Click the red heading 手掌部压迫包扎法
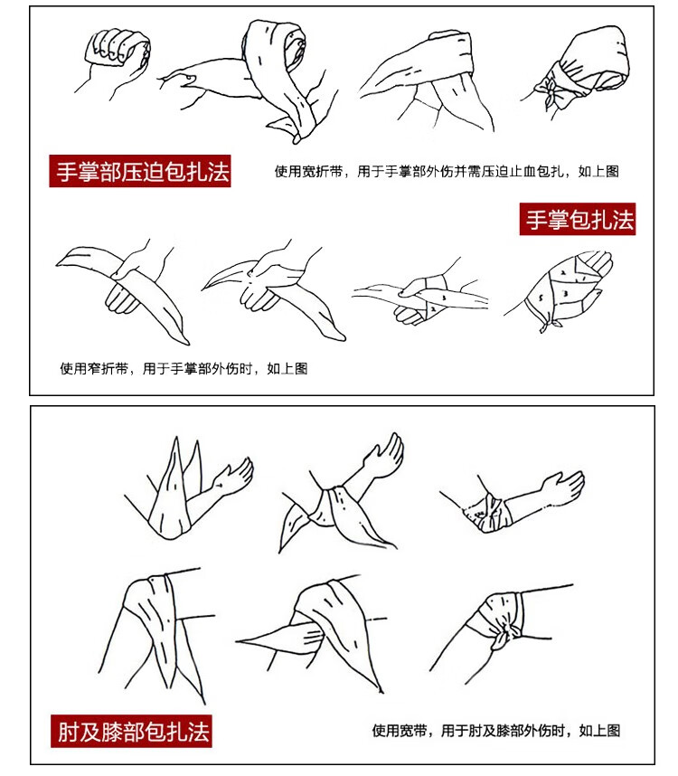pyautogui.click(x=140, y=171)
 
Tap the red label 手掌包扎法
pyautogui.click(x=577, y=219)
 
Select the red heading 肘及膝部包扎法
pyautogui.click(x=131, y=731)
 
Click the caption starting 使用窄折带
pyautogui.click(x=184, y=368)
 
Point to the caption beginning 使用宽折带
pyautogui.click(x=447, y=171)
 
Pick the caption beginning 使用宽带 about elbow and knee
pyautogui.click(x=496, y=731)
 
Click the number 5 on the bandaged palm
pyautogui.click(x=541, y=298)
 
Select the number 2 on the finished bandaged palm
pyautogui.click(x=563, y=272)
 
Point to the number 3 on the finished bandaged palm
pyautogui.click(x=565, y=293)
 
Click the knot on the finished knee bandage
pyautogui.click(x=505, y=637)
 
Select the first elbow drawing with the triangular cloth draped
pyautogui.click(x=188, y=490)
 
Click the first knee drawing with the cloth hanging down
pyautogui.click(x=155, y=636)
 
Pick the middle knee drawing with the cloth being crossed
pyautogui.click(x=312, y=633)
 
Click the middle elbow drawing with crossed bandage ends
pyautogui.click(x=341, y=495)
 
